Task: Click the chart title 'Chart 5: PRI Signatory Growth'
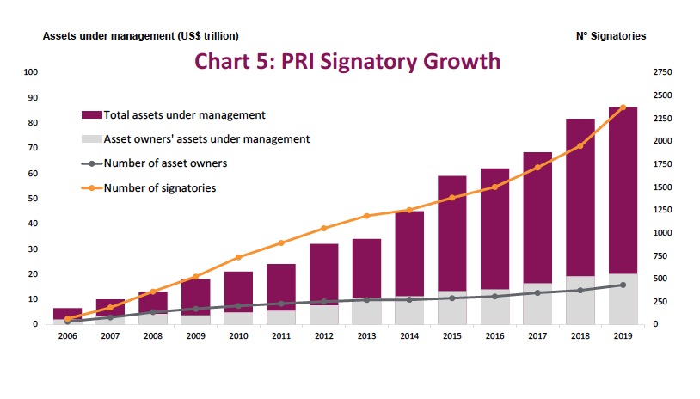[347, 61]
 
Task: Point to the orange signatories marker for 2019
[623, 107]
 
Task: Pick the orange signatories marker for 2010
[238, 257]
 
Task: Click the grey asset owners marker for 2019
[623, 285]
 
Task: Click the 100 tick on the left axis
[32, 72]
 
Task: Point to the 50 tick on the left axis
[33, 199]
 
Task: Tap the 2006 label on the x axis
[68, 337]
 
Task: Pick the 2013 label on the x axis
[366, 337]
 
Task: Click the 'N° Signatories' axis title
[611, 36]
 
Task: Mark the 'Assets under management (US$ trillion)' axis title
[141, 36]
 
